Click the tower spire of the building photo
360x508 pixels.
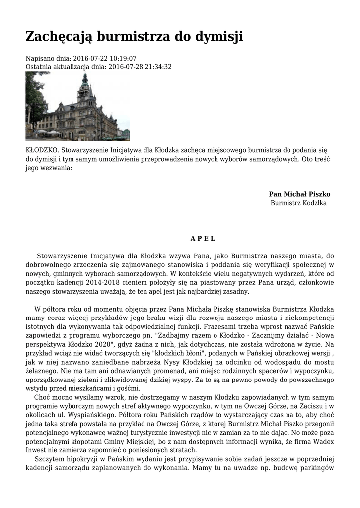(x=85, y=79)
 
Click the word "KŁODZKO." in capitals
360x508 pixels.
(x=42, y=150)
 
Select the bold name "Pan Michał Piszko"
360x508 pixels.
(x=299, y=194)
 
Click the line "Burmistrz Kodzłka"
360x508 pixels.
(x=298, y=203)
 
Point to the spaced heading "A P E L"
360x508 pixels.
(x=203, y=238)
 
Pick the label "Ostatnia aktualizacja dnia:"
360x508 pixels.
(x=66, y=67)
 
